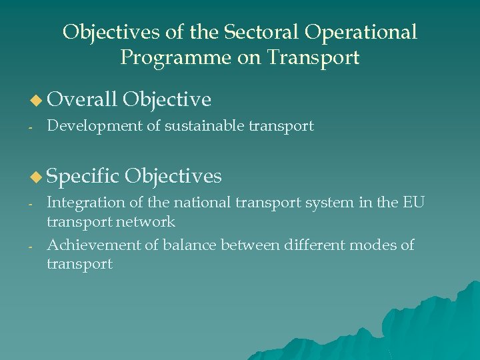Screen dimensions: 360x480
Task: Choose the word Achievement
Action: pyautogui.click(x=93, y=245)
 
